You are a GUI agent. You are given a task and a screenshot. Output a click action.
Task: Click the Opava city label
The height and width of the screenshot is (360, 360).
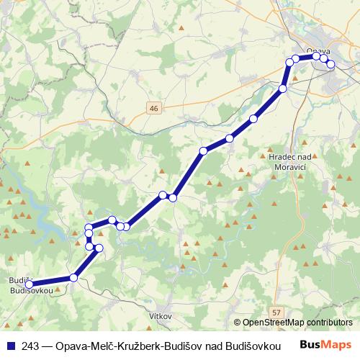click(x=318, y=51)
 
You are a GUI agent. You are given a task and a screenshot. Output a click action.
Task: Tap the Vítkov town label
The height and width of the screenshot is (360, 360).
click(x=159, y=316)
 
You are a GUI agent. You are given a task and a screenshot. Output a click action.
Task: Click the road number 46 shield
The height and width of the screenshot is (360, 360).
click(x=153, y=107)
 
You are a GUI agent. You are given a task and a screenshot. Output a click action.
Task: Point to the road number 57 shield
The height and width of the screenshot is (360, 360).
click(x=276, y=312)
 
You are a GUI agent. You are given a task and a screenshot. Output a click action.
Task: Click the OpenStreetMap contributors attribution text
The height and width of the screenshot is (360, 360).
click(x=296, y=323)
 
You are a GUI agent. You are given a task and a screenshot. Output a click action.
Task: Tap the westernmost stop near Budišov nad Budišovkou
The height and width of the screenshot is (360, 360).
click(x=30, y=284)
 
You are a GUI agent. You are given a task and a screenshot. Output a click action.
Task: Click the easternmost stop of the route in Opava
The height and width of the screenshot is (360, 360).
click(x=331, y=64)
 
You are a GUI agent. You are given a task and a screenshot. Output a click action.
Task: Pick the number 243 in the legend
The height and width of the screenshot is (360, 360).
click(x=30, y=346)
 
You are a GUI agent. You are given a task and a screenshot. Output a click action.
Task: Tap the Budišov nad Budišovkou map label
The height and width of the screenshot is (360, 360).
click(x=29, y=284)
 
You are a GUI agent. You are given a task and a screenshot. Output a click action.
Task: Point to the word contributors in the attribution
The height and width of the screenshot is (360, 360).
click(x=328, y=323)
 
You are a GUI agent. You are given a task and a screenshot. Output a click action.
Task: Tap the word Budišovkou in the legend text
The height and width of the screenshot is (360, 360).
click(x=249, y=346)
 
